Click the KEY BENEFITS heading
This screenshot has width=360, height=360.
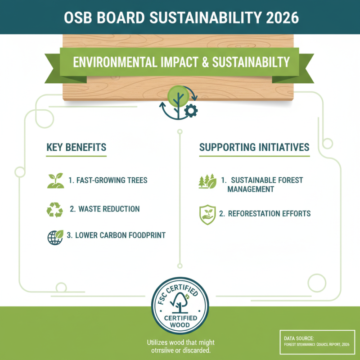pyautogui.click(x=76, y=148)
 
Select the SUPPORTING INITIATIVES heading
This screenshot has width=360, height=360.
pyautogui.click(x=254, y=148)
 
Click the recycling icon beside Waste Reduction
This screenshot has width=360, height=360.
pyautogui.click(x=55, y=209)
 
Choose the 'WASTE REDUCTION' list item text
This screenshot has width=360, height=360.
pyautogui.click(x=109, y=209)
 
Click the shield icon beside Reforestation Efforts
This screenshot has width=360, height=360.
pyautogui.click(x=206, y=215)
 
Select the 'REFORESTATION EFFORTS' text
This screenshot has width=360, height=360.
pyautogui.click(x=269, y=213)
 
